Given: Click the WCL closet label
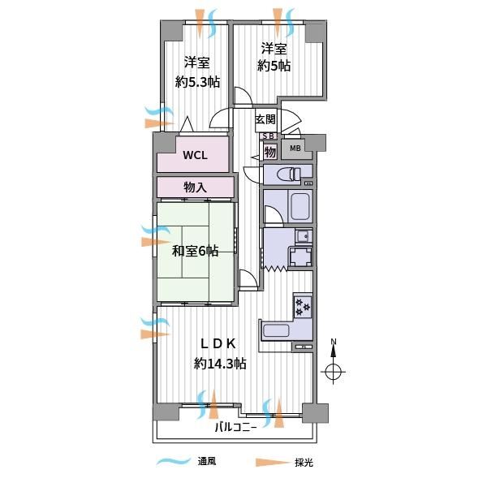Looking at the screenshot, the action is coord(195,155).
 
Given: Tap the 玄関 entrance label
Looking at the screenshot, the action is coord(265,119).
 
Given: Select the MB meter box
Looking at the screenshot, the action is coord(295,149).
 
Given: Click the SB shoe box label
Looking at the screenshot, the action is coord(269,136).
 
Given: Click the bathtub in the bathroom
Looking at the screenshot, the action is coord(300,206).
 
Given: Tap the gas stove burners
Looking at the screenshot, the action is coord(303,307).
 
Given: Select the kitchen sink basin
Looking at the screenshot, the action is coord(276,331).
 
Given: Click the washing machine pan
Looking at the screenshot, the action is coord(300,256).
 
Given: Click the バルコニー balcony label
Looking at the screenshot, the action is coord(236,428).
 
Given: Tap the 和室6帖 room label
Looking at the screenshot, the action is coord(196,251).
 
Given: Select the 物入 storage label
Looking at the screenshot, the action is coord(195,187).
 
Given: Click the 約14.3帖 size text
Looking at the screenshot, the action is coord(220,363).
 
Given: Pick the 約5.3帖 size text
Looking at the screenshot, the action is coord(198,82).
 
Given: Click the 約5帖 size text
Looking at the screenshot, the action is coord(274,66).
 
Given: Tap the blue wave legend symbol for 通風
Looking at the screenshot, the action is coord(174,462).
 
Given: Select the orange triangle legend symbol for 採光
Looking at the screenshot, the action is coord(273,463).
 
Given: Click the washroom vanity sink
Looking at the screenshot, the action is coord(304,237).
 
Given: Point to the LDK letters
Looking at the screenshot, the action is coord(218,343).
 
